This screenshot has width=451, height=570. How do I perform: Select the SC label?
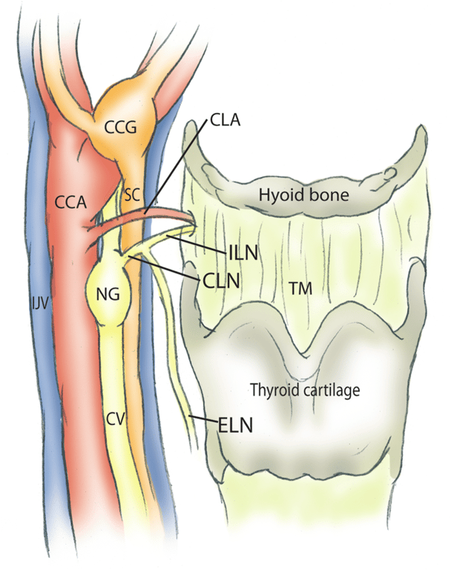coord(133,194)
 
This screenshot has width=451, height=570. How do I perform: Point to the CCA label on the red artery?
coord(71,200)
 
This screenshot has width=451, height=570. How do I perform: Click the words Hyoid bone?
coord(303,195)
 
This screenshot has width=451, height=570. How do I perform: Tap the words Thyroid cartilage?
coord(309,389)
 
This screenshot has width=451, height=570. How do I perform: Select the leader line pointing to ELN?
coord(203,420)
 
